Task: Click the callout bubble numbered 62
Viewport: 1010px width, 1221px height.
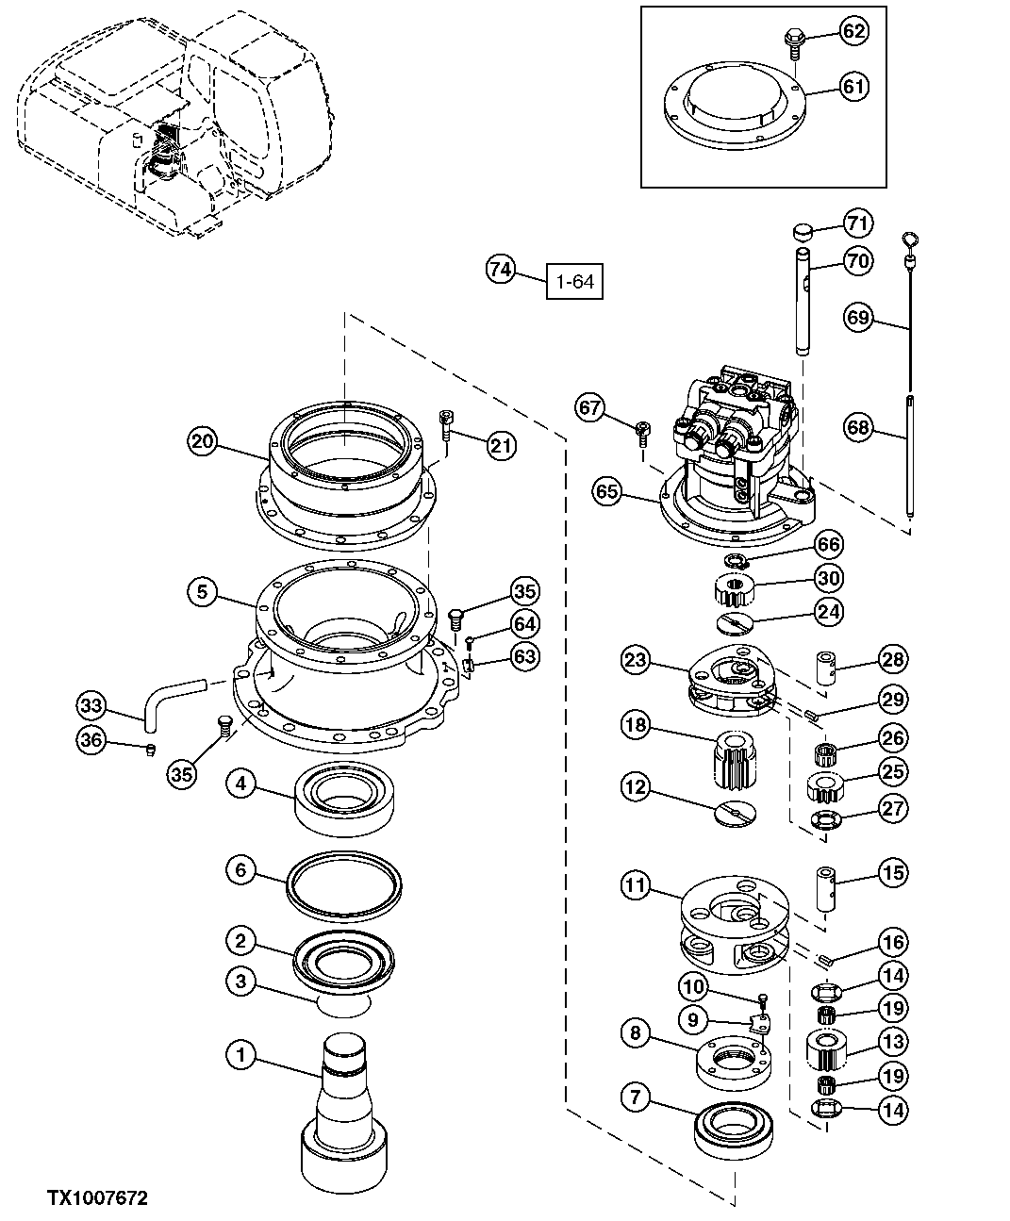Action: click(x=853, y=32)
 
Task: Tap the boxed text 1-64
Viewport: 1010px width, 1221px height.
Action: click(x=575, y=281)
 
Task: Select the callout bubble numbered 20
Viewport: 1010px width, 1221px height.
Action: click(x=203, y=440)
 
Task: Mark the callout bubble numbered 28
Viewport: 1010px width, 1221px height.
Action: click(x=893, y=659)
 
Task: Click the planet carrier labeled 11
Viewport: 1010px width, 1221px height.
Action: click(x=731, y=924)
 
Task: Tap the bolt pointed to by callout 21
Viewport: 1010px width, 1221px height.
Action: click(x=446, y=427)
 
